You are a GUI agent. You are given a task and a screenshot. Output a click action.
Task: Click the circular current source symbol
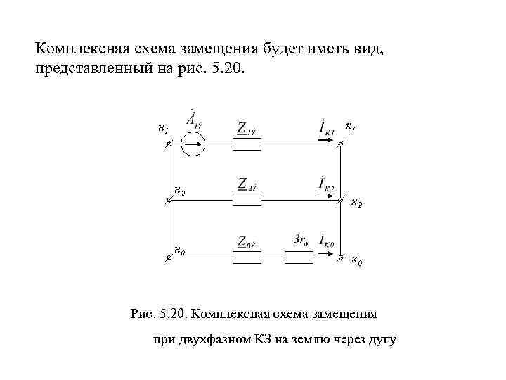(x=193, y=145)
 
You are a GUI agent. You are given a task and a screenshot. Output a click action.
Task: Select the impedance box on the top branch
(x=247, y=144)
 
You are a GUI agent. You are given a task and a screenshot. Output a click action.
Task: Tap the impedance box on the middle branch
(x=247, y=201)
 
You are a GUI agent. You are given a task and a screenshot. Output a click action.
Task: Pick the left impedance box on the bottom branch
(x=247, y=258)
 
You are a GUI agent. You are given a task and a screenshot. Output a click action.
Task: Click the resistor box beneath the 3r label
(x=299, y=258)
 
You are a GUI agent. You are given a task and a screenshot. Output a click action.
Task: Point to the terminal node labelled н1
(x=169, y=145)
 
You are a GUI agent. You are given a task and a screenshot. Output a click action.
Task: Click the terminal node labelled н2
(x=169, y=201)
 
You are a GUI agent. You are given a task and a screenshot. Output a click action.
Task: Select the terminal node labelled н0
(x=169, y=258)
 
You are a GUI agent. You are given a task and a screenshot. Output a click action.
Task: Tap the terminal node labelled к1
(x=340, y=145)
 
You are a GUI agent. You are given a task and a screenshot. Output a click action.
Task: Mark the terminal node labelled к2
(x=340, y=201)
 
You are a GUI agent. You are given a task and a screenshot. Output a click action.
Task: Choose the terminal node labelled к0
(x=340, y=258)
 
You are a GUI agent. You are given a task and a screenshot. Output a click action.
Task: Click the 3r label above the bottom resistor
(x=300, y=240)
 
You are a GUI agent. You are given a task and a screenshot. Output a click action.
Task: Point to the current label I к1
(x=327, y=129)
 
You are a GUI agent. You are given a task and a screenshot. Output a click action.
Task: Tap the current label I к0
(x=327, y=241)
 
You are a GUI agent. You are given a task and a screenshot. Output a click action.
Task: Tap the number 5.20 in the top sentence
(x=228, y=70)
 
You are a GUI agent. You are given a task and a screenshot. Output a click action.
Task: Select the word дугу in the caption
(x=381, y=341)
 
